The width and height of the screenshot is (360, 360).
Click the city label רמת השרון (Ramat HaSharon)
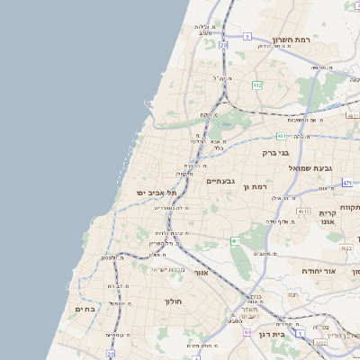click(293, 40)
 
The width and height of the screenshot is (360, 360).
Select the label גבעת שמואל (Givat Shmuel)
click(311, 168)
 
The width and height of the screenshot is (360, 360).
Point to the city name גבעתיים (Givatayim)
click(220, 181)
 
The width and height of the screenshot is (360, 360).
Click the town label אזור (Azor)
click(202, 272)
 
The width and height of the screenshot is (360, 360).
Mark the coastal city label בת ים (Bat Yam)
click(85, 309)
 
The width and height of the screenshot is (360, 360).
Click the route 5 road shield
click(247, 37)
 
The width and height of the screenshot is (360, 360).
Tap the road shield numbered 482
click(258, 85)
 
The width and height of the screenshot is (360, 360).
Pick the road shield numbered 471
click(347, 183)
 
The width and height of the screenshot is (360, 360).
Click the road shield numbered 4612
click(303, 211)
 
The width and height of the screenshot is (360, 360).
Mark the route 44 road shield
click(247, 332)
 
